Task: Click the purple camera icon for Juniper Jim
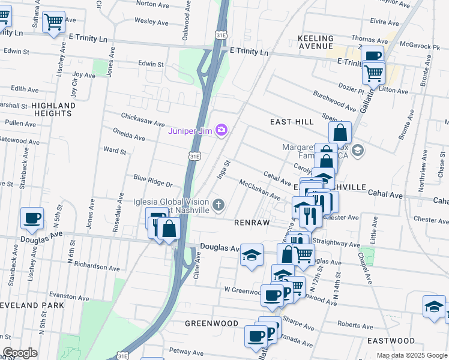222,130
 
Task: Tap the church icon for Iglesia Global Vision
218,206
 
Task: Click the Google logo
20,353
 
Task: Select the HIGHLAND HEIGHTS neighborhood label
53,109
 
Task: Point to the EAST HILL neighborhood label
292,122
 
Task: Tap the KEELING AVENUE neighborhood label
315,42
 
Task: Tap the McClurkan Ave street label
259,189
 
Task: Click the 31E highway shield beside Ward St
194,156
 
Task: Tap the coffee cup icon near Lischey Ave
32,218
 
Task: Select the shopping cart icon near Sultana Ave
54,22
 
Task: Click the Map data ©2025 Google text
411,355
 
